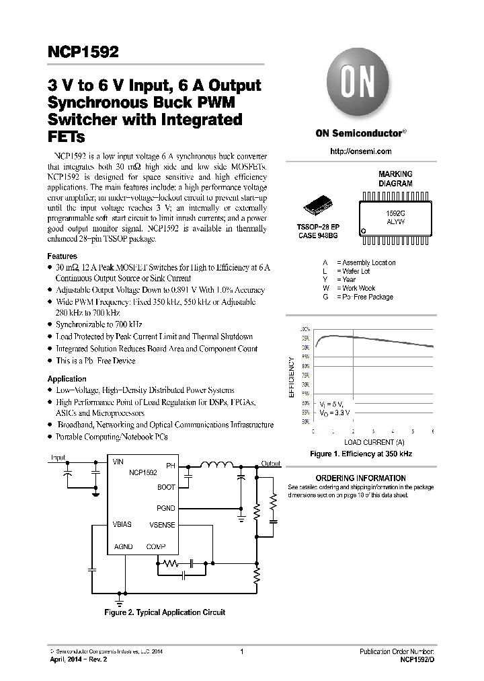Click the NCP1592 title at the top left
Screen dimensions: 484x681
click(83, 53)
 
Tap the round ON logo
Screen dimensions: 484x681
click(360, 88)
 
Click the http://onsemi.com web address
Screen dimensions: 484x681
click(361, 151)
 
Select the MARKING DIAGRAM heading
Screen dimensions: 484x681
click(395, 178)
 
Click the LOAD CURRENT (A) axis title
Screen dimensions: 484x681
click(374, 442)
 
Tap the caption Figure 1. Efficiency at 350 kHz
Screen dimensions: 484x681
click(361, 454)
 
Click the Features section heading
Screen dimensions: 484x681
click(63, 256)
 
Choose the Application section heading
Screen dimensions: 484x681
click(67, 379)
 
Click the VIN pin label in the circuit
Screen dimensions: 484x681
click(118, 462)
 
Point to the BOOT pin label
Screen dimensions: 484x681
click(166, 487)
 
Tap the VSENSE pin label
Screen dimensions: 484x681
click(162, 524)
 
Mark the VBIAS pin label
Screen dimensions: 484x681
click(122, 524)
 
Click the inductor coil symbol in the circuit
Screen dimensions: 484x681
click(216, 464)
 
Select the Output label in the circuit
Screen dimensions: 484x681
click(271, 464)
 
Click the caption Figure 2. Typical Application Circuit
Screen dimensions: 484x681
click(165, 612)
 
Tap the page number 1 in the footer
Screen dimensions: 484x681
click(241, 651)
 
